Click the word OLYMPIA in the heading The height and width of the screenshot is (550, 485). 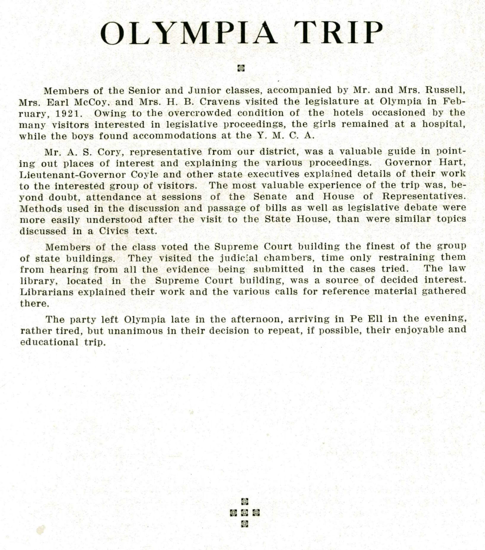(189, 33)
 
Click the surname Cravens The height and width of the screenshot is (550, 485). (220, 102)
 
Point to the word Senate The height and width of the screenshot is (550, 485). (270, 197)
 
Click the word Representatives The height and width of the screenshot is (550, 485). (424, 196)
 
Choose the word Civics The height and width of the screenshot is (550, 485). (114, 231)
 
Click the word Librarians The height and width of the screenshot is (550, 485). (47, 292)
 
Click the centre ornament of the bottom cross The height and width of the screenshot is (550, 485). (244, 513)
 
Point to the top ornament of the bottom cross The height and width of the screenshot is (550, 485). (244, 502)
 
